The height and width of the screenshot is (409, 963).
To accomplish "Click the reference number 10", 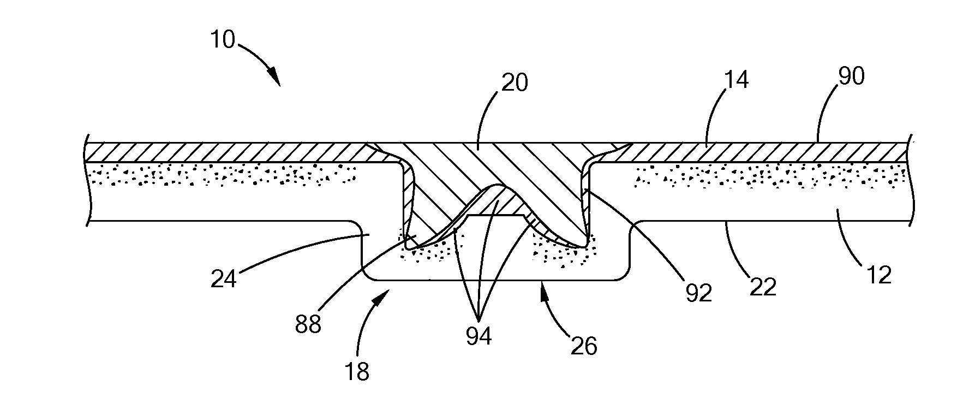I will tap(222, 40).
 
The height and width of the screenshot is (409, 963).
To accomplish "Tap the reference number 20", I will tap(514, 83).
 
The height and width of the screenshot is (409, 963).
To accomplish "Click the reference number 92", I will tap(699, 293).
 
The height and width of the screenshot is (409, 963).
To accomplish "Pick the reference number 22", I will tap(762, 286).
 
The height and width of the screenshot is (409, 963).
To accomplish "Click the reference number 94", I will tap(478, 336).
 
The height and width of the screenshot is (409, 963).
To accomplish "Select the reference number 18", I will tap(357, 371).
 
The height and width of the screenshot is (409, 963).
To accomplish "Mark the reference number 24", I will tap(223, 278).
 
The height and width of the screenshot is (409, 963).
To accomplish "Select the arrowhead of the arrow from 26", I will tap(542, 284).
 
